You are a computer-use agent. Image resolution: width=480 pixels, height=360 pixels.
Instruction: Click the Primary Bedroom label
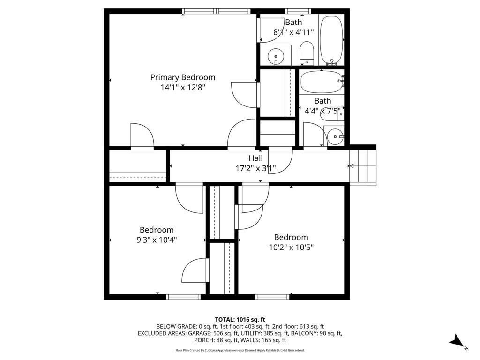[x=182, y=77]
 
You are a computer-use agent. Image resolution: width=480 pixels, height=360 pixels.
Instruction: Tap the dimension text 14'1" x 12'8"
[x=182, y=87]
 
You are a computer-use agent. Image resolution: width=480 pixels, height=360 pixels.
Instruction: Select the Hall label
[x=255, y=158]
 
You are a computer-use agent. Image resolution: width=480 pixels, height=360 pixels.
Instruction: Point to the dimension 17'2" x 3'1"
[x=255, y=168]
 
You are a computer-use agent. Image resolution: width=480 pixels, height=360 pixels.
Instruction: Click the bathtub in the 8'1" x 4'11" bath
[x=332, y=40]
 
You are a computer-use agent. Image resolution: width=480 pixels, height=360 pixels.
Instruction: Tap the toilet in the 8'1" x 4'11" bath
[x=307, y=52]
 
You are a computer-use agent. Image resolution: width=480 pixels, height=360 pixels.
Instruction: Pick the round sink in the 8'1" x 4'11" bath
[x=276, y=57]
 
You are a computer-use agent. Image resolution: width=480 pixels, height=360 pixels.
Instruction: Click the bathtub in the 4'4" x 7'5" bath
[x=322, y=82]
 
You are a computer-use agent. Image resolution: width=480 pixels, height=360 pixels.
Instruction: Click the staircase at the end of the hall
[x=363, y=166]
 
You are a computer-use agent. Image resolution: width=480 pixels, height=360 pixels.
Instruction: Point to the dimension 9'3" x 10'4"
[x=157, y=240]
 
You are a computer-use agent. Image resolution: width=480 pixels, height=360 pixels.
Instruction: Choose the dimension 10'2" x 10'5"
[x=291, y=247]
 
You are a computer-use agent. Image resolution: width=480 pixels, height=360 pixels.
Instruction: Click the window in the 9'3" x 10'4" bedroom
[x=183, y=297]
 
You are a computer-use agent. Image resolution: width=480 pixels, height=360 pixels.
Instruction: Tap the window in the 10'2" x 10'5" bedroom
[x=272, y=297]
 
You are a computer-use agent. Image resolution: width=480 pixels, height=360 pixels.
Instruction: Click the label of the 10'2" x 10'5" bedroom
[x=291, y=237]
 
